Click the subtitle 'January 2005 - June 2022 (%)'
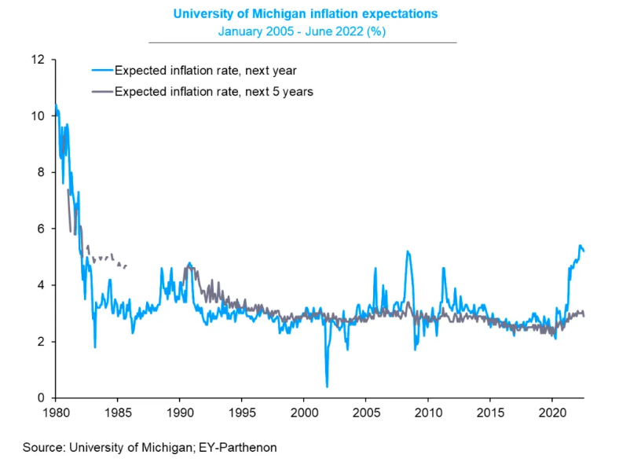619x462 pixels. [302, 31]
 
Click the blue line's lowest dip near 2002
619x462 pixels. [327, 386]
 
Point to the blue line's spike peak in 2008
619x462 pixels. [408, 251]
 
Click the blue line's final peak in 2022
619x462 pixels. [580, 246]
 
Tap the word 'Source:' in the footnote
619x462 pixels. [45, 447]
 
